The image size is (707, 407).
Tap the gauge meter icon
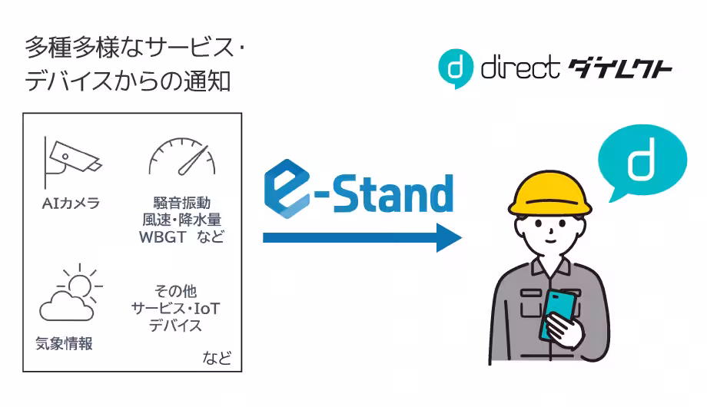182,157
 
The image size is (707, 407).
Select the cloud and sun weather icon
71,293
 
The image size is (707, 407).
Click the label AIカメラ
71,203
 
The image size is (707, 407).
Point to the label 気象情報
64,344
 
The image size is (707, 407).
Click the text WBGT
162,237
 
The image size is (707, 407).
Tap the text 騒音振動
181,203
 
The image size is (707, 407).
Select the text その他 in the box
175,291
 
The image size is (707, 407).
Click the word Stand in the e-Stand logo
393,194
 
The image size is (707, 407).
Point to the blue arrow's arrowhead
449,237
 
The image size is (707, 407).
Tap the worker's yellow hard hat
549,194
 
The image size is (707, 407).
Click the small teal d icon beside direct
456,68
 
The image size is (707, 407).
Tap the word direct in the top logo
520,68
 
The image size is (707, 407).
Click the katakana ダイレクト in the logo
620,68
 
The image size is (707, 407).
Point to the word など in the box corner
217,358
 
